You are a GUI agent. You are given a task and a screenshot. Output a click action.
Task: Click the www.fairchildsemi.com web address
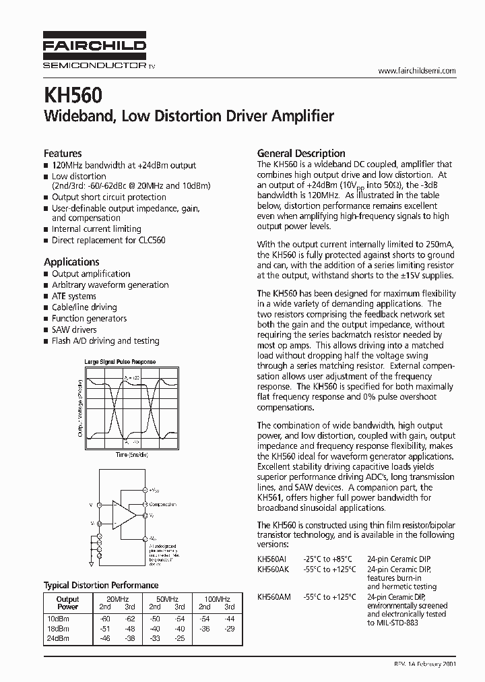point(417,71)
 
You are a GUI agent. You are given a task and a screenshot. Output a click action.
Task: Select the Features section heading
point(63,154)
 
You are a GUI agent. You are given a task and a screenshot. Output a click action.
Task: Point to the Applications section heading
point(71,261)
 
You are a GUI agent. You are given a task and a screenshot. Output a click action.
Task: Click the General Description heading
point(301,153)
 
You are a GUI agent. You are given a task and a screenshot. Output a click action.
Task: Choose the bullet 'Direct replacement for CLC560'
point(108,240)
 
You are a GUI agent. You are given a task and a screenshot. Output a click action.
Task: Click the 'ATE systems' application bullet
point(74,296)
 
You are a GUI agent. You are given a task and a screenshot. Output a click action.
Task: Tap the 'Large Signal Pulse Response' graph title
point(120,362)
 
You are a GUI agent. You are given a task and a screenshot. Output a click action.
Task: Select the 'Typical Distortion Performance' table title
point(101,585)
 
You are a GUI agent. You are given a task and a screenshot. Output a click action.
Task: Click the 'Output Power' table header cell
point(67,602)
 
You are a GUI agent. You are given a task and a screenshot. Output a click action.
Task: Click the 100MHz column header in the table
point(216,598)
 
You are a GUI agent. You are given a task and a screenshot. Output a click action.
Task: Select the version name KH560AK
point(273,569)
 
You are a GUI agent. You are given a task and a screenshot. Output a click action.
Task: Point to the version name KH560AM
point(274,596)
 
